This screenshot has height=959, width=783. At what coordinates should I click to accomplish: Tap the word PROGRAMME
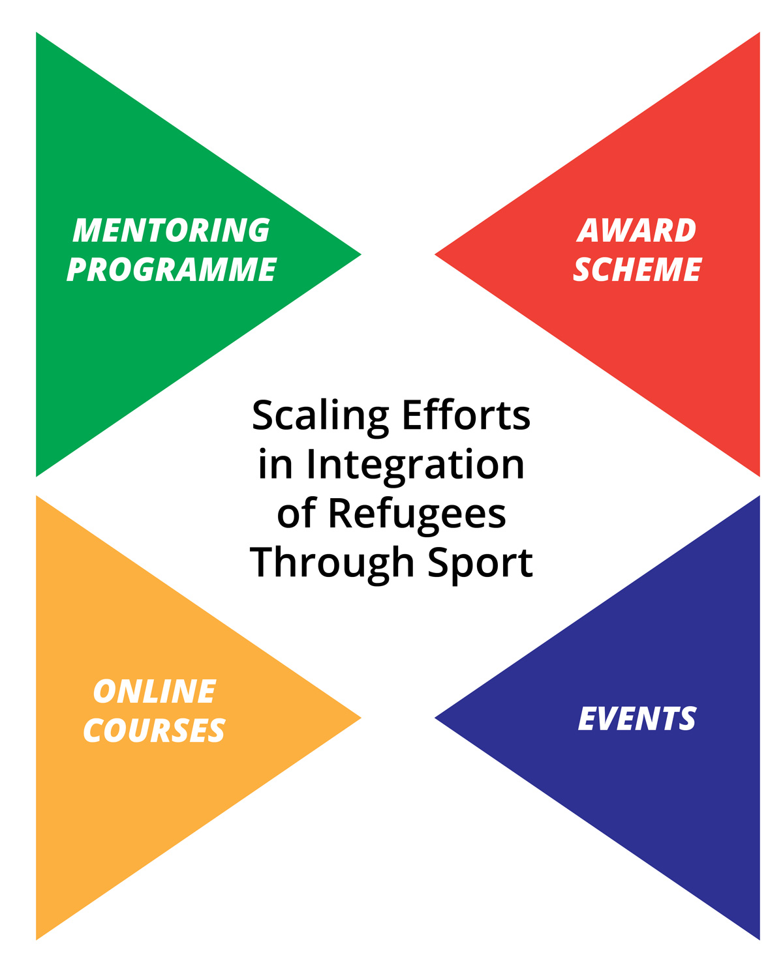[171, 269]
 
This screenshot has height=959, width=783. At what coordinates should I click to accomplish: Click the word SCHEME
[637, 269]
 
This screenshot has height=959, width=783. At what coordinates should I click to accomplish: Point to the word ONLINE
[155, 691]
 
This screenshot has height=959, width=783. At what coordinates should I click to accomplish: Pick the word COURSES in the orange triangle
[154, 730]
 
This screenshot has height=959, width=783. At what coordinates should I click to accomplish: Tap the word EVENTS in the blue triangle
[637, 718]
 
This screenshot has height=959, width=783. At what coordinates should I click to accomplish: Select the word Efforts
[466, 415]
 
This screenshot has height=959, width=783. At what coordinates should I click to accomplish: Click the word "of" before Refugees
[296, 513]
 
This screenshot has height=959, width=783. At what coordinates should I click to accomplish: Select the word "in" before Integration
[275, 464]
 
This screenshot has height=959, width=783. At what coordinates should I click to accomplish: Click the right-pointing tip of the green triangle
[361, 255]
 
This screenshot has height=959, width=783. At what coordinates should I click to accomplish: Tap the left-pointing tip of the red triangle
[435, 255]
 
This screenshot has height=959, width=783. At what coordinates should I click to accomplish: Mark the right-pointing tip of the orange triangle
[361, 718]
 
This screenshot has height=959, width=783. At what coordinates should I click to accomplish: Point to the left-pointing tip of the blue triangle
[435, 718]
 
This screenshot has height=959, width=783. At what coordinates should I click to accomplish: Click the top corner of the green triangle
[37, 33]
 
